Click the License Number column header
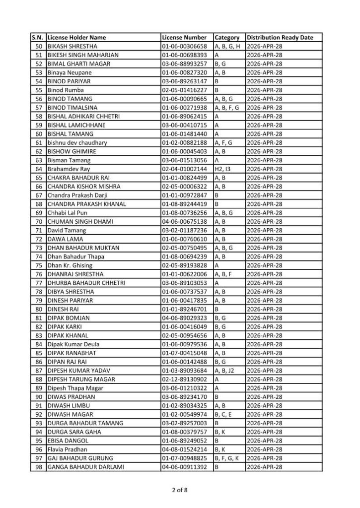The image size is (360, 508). pyautogui.click(x=184, y=38)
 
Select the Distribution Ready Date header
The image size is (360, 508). pyautogui.click(x=280, y=38)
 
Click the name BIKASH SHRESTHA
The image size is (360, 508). pyautogui.click(x=72, y=46)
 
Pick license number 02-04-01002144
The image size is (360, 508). pyautogui.click(x=184, y=169)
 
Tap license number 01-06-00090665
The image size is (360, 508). pyautogui.click(x=184, y=99)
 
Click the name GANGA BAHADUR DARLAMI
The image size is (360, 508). pyautogui.click(x=85, y=467)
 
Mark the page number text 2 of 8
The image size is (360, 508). pyautogui.click(x=180, y=491)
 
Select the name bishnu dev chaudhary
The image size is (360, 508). pyautogui.click(x=77, y=143)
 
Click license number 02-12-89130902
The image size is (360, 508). pyautogui.click(x=184, y=379)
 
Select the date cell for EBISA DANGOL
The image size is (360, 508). pyautogui.click(x=264, y=441)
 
